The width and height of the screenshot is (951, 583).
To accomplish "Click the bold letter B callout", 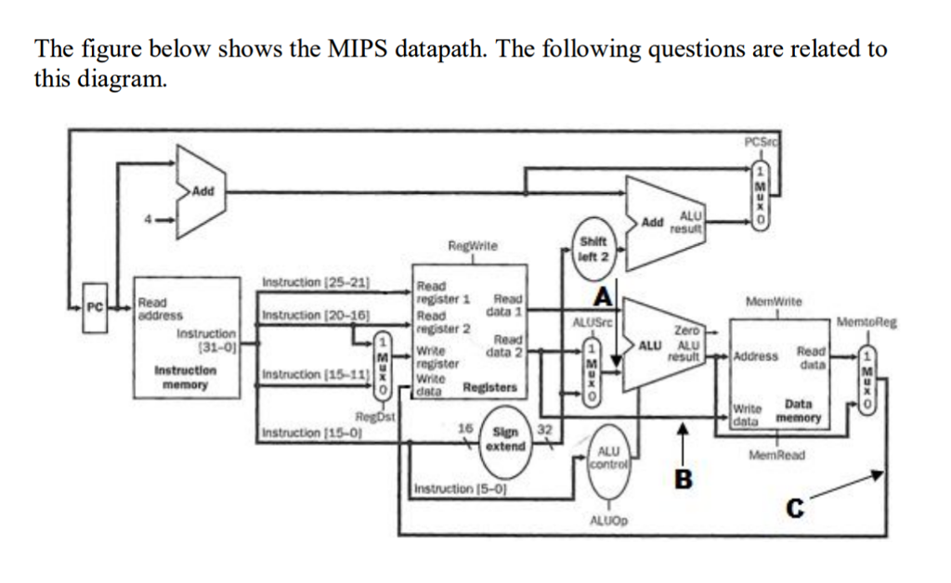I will click(x=684, y=480).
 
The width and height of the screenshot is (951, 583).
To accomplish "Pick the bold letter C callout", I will click(x=793, y=509).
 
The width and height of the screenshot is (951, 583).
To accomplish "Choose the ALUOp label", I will click(x=609, y=522).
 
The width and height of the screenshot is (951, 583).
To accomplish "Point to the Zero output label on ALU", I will click(x=685, y=330).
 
